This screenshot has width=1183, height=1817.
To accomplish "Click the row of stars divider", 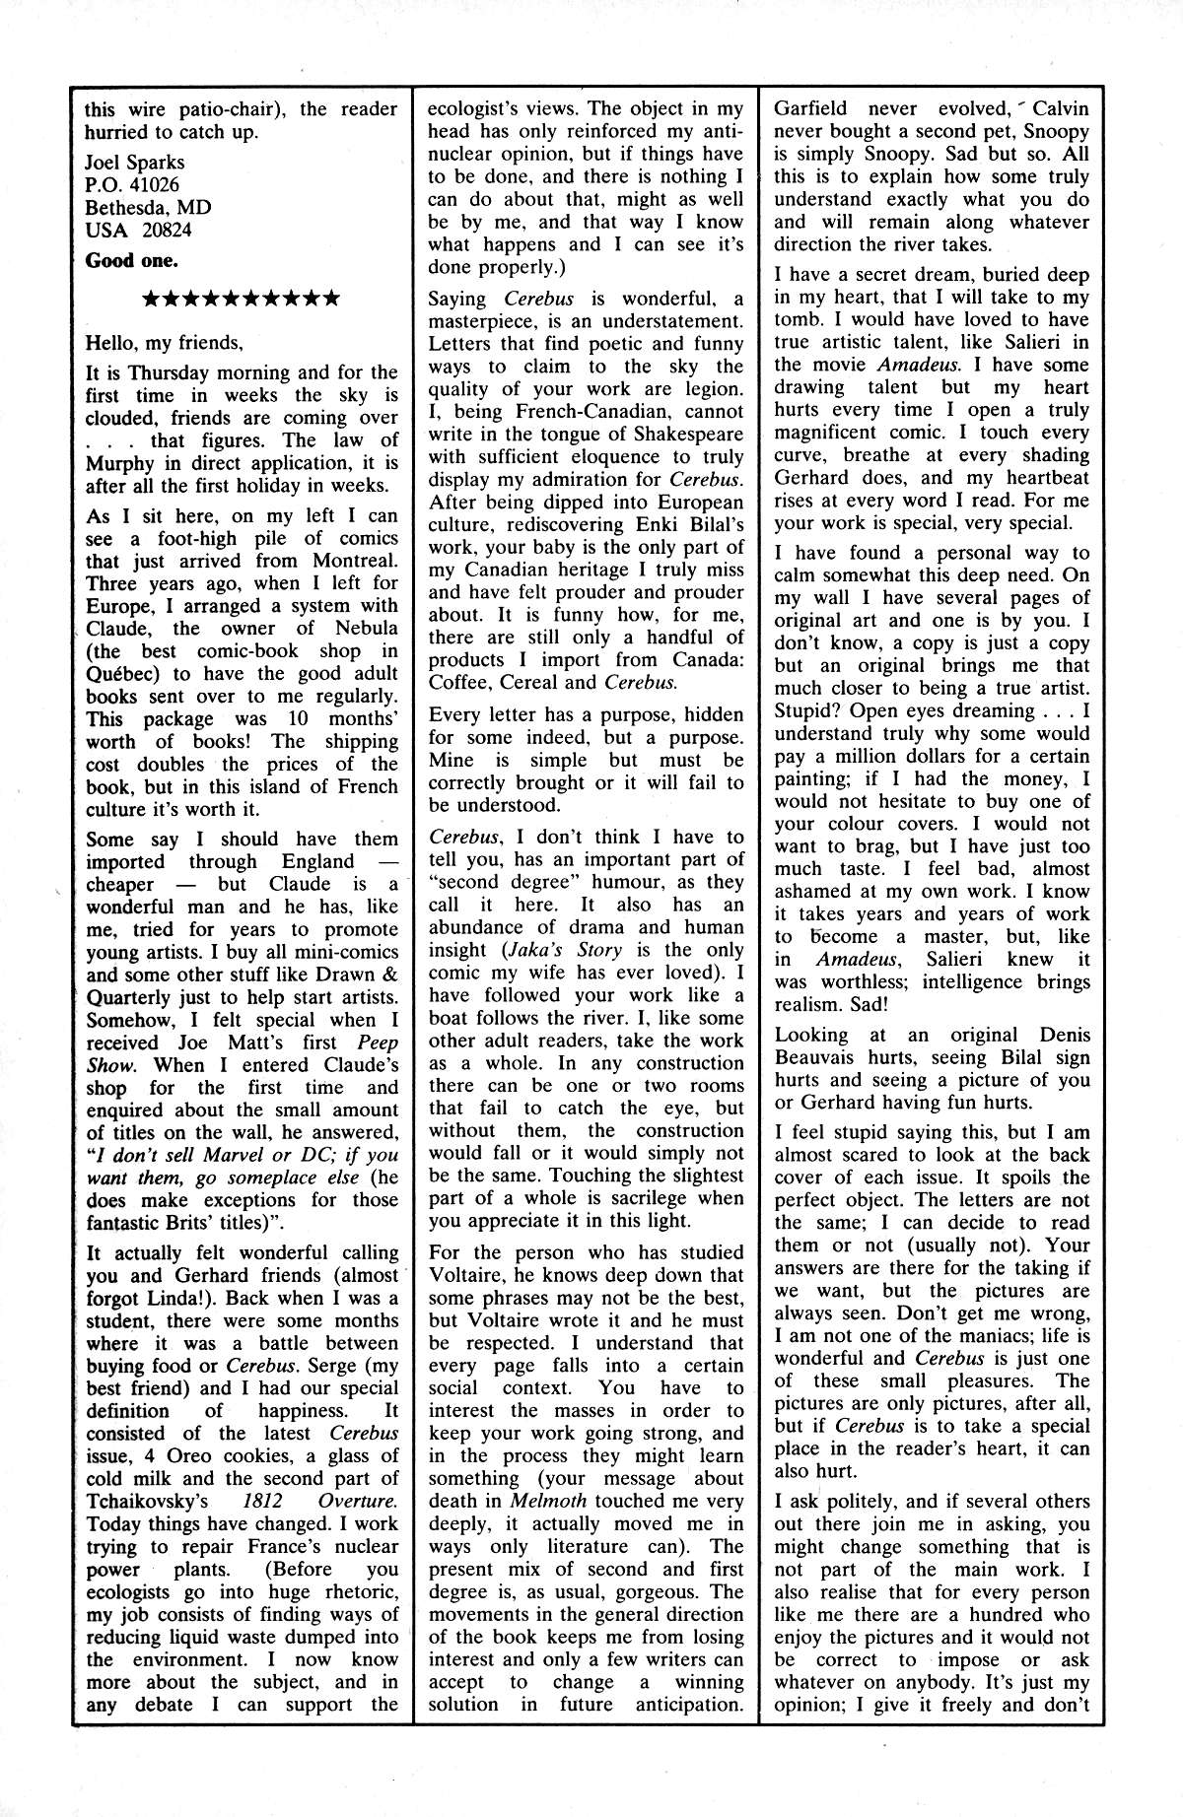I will point(242,298).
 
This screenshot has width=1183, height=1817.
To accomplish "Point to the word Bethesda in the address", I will point(130,208).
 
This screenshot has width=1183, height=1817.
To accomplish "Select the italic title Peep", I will point(377,1043).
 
